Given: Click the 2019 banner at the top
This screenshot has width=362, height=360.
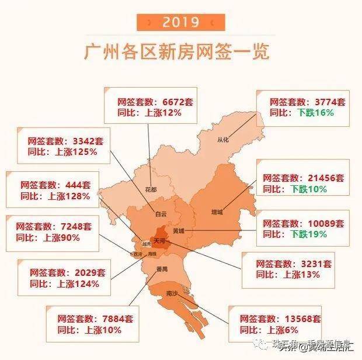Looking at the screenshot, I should [x=181, y=22].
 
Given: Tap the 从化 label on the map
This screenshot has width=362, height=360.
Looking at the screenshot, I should [x=224, y=140].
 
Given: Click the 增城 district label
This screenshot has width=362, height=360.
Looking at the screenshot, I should [x=217, y=212].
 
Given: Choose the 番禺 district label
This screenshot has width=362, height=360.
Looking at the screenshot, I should [x=162, y=269].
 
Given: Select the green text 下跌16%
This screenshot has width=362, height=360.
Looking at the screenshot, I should [x=315, y=112].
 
